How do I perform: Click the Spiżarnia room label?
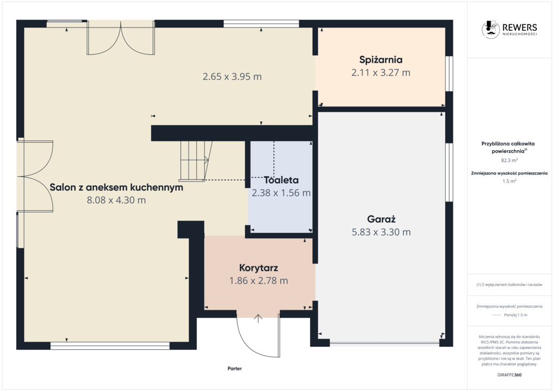pos(380,60)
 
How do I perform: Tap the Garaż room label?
pos(381,219)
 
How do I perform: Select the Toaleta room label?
pos(281,180)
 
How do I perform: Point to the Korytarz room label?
pos(259,268)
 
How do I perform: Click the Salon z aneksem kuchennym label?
pos(116,187)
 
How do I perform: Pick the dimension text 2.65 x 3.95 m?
pos(232,77)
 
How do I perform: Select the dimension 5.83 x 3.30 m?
pos(381,232)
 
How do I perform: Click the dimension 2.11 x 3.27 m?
pos(381,72)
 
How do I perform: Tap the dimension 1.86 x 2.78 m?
pos(259,281)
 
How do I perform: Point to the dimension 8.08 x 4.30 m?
pos(116,200)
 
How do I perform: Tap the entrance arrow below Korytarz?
pos(258,319)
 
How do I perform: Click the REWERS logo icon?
pos(491,29)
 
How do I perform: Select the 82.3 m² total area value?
pos(510,160)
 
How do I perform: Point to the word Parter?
pos(235,368)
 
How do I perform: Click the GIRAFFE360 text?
pos(509,375)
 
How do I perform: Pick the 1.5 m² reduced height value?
pos(510,181)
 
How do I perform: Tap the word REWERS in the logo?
pos(520,27)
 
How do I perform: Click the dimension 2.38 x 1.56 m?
pos(281,193)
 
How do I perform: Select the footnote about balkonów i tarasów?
pos(509,285)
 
